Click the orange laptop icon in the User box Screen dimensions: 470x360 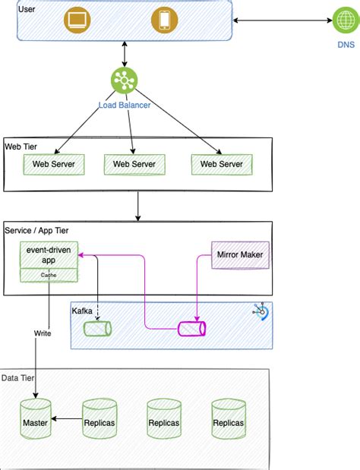[x=77, y=20]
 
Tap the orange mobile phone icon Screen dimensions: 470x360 [x=163, y=20]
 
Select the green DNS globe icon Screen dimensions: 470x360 [x=346, y=21]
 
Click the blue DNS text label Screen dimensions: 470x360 [x=346, y=45]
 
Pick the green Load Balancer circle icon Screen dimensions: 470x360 [x=122, y=80]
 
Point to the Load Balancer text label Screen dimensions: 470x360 [x=125, y=105]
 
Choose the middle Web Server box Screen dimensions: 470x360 [x=134, y=163]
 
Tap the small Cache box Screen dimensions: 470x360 [x=49, y=275]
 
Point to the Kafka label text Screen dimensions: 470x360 [x=83, y=311]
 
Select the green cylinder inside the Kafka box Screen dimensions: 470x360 [x=97, y=329]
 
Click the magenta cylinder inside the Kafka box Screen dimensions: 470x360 [x=191, y=329]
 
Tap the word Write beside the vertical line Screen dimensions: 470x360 [x=43, y=333]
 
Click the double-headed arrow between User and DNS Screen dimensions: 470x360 [x=281, y=20]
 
